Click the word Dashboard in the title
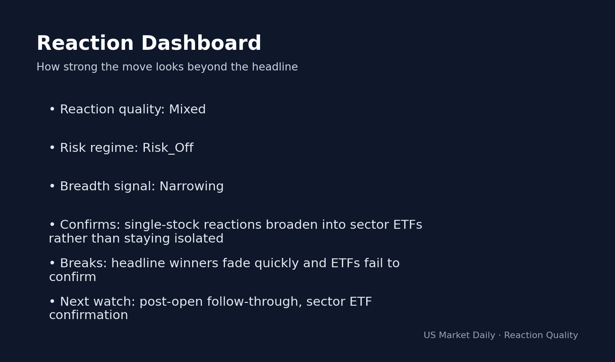pyautogui.click(x=201, y=44)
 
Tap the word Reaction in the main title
pyautogui.click(x=85, y=44)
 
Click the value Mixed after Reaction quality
pyautogui.click(x=187, y=110)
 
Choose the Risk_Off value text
pyautogui.click(x=168, y=148)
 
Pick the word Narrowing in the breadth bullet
pyautogui.click(x=191, y=187)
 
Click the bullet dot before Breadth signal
pyautogui.click(x=52, y=187)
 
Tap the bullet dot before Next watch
pyautogui.click(x=52, y=302)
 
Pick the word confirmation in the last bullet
pyautogui.click(x=88, y=315)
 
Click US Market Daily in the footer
pyautogui.click(x=459, y=336)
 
